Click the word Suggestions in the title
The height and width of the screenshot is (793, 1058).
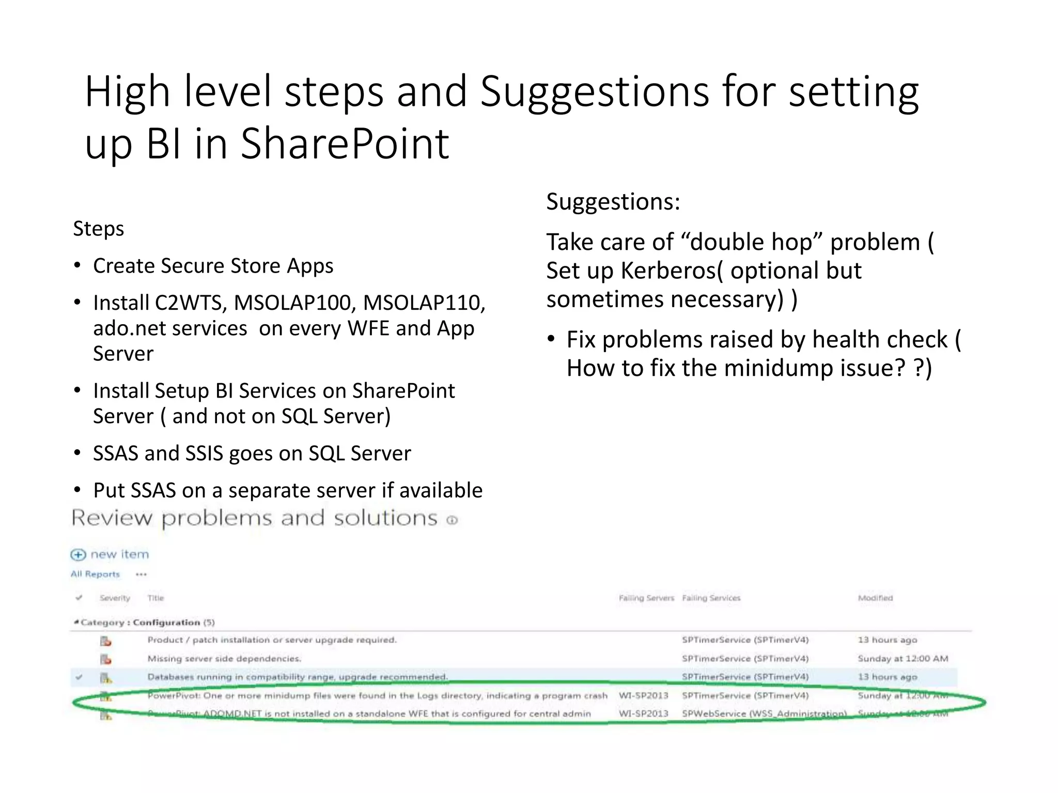594,92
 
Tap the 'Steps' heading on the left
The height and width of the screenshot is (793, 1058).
98,229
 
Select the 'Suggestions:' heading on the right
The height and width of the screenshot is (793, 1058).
613,201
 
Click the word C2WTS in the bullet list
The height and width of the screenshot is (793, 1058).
188,303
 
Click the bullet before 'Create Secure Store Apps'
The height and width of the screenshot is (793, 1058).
77,266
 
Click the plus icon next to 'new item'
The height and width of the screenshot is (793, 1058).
78,554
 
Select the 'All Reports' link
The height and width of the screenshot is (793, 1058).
95,574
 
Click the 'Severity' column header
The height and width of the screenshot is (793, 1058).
115,598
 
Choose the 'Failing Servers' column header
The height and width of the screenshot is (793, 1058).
646,598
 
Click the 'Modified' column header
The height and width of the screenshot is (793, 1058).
875,598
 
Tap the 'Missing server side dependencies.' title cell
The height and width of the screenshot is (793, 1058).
224,658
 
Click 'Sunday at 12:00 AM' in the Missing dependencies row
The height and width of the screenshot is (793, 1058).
903,658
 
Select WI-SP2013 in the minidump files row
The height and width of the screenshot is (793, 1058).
643,695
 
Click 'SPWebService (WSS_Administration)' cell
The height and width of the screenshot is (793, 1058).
764,713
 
